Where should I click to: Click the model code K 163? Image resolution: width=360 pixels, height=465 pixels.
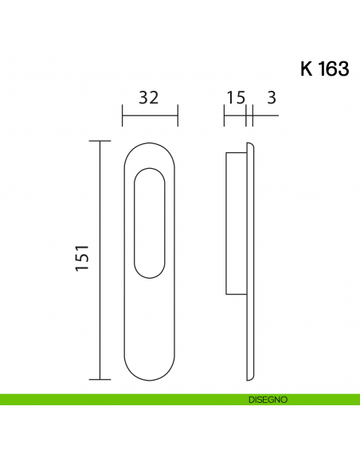tap(324, 69)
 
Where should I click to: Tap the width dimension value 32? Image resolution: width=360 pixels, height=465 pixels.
tap(148, 98)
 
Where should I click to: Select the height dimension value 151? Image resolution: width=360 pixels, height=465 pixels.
tap(81, 260)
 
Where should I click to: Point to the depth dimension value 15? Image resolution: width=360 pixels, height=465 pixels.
tap(235, 98)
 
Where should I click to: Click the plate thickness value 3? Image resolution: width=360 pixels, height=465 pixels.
tap(272, 98)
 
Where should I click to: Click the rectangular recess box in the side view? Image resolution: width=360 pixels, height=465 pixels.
tap(237, 224)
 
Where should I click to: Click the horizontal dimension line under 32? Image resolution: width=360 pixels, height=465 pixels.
tap(150, 117)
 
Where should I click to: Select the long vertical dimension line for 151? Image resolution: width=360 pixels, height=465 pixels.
tap(100, 260)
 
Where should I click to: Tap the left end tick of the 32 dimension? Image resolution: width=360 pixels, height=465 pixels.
tap(122, 117)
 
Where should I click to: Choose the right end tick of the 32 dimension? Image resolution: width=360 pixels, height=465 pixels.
tap(178, 117)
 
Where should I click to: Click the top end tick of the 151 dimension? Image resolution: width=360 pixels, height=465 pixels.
tap(100, 141)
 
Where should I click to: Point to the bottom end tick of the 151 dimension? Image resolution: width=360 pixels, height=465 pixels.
tap(100, 380)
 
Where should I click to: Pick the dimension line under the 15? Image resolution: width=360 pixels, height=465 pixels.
tap(236, 117)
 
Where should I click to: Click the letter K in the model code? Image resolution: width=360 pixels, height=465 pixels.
tap(307, 69)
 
